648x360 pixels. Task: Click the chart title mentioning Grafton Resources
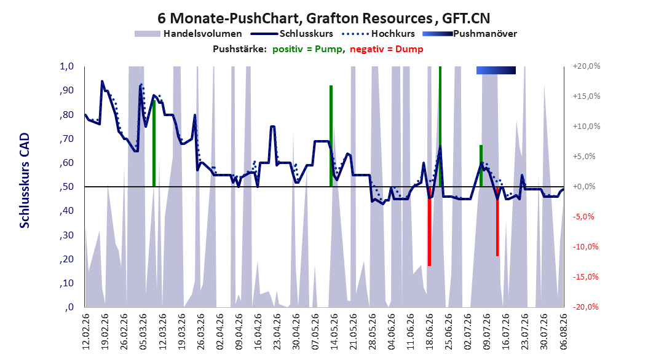coord(323,18)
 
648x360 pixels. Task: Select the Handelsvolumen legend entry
coord(189,34)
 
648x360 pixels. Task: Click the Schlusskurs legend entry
coord(292,34)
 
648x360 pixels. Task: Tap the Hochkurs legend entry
coord(378,34)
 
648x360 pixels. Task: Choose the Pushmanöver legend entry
coord(470,34)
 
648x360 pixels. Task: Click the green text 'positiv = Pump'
coord(307,49)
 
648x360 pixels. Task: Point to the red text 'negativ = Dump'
coord(387,49)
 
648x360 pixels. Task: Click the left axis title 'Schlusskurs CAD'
coord(25,181)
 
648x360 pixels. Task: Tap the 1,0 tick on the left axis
coord(67,66)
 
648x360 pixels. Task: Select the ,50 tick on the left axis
coord(66,187)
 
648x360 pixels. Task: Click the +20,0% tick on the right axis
coord(587,66)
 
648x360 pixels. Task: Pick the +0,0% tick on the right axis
coord(584,187)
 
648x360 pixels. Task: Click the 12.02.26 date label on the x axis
coord(86,332)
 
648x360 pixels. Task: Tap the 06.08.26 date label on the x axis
coord(563,332)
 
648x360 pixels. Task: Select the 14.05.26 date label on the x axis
coord(334,332)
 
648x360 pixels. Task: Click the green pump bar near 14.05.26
coord(331,136)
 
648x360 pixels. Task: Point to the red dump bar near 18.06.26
coord(429,226)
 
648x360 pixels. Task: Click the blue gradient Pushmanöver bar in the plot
coord(496,71)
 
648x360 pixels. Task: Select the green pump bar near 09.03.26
coord(154,143)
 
